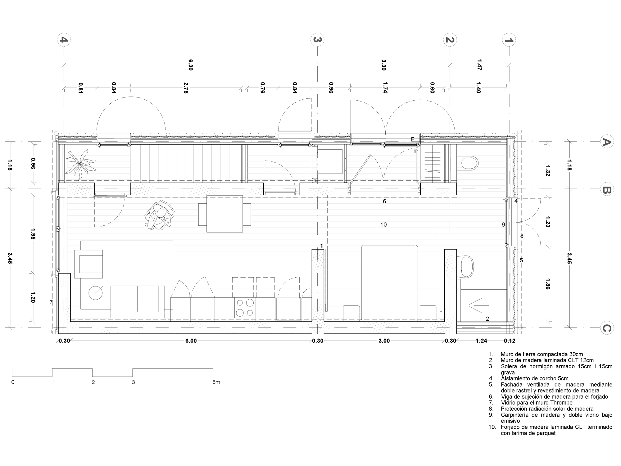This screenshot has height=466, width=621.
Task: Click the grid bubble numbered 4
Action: point(64,40)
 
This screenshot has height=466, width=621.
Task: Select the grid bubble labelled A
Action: point(606,142)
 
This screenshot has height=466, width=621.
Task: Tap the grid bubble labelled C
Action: point(606,328)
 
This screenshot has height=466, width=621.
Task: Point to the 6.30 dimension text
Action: point(190,65)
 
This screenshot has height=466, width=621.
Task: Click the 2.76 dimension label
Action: point(186,88)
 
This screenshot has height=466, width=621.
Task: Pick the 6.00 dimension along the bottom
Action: point(191,341)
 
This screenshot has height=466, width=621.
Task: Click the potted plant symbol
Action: point(80,164)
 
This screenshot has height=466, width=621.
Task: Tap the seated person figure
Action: point(160,215)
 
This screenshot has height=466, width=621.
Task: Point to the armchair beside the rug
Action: point(89,264)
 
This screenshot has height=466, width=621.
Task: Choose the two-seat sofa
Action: point(138,301)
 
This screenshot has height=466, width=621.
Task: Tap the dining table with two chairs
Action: point(225,214)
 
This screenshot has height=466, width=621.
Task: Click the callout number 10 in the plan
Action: point(383,224)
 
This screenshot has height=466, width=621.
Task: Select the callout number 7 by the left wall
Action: point(51,302)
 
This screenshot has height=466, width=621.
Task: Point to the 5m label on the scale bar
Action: point(216,382)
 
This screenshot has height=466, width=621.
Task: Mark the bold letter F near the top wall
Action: point(413,139)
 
